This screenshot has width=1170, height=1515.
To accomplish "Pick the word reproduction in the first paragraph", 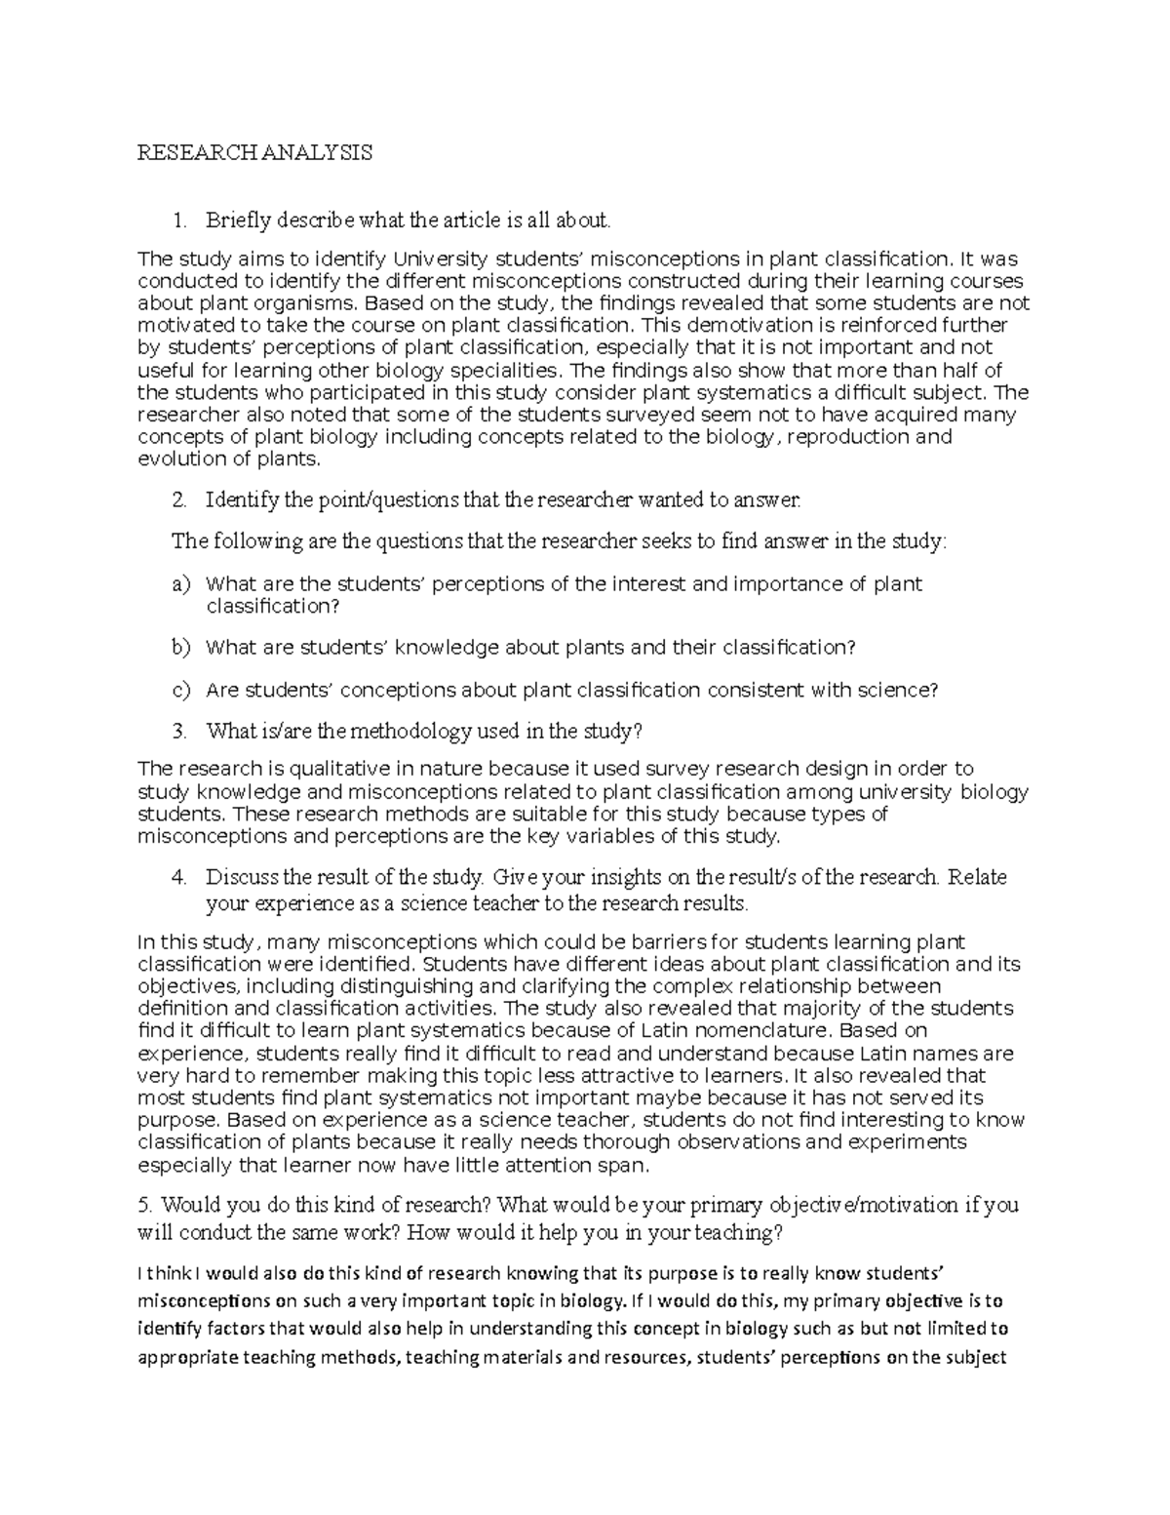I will point(847,436).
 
